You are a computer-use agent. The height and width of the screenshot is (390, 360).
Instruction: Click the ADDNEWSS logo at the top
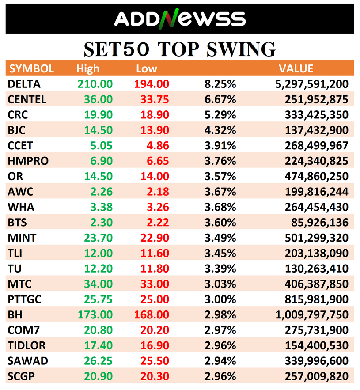coord(180,19)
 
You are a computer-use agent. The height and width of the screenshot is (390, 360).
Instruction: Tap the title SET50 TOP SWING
coord(180,49)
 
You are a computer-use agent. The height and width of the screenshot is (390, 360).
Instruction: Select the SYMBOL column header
coord(31,68)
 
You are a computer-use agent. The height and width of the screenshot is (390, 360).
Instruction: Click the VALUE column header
coord(296,68)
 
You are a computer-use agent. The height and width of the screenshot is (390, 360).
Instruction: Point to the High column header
coord(88,69)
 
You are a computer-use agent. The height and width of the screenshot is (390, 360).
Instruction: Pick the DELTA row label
coord(24,84)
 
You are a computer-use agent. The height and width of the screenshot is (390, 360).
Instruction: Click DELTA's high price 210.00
coord(95,84)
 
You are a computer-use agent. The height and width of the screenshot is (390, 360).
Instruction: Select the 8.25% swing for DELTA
coord(220,84)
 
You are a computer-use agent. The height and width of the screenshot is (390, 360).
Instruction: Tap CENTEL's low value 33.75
coord(151,99)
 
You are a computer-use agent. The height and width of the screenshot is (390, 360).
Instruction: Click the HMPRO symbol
coord(27,161)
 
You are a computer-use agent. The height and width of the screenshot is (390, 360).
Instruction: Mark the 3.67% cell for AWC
coord(220,192)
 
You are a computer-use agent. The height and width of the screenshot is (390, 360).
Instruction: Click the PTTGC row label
coord(25,299)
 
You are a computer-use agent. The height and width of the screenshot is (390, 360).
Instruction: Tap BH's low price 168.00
coord(151,315)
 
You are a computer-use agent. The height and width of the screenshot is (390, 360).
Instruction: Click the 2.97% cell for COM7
coord(220,330)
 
